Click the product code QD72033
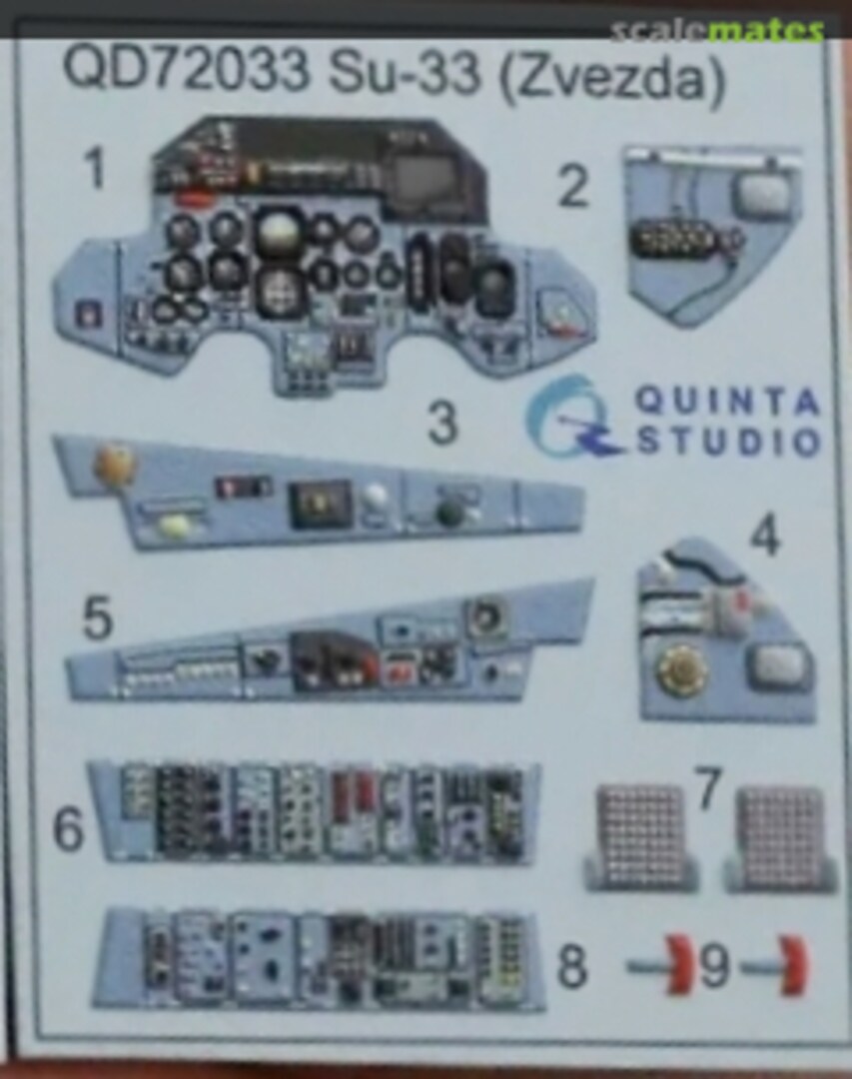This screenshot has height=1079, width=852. (186, 70)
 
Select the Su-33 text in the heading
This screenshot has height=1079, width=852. (404, 73)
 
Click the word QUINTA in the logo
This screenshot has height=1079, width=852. (727, 401)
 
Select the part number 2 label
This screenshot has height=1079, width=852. (573, 186)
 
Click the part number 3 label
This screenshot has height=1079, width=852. (442, 423)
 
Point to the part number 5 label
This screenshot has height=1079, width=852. (97, 617)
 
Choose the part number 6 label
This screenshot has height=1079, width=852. (68, 829)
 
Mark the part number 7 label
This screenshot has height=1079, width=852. (709, 788)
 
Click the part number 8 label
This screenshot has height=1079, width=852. (572, 965)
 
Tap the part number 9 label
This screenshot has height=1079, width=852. (714, 965)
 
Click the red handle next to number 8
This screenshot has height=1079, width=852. (677, 964)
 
